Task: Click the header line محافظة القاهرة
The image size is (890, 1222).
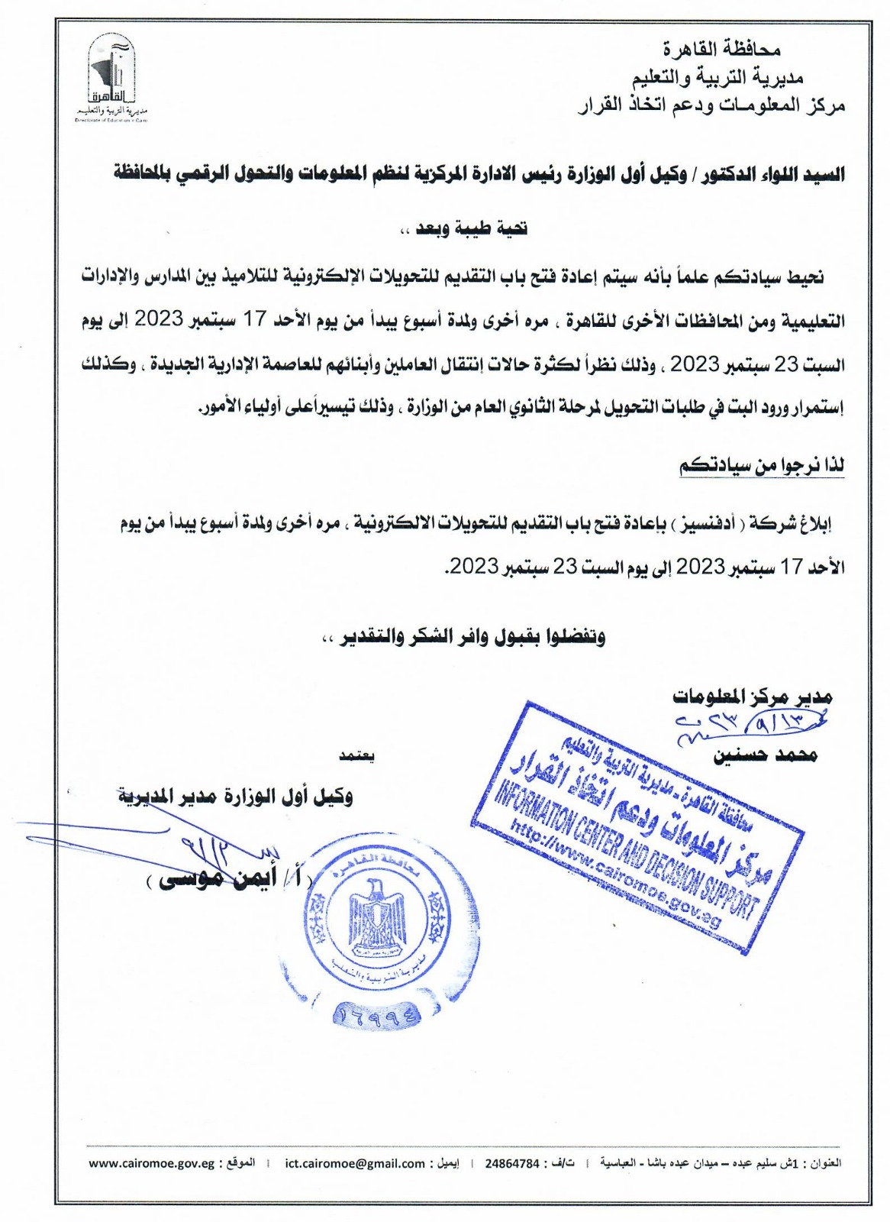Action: [721, 50]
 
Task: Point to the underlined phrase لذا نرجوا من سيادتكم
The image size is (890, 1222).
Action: [762, 466]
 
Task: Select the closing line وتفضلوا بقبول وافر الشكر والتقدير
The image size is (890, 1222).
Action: [464, 637]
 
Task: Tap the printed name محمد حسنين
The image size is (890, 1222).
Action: [765, 755]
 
